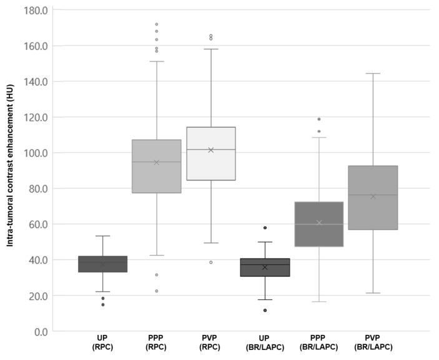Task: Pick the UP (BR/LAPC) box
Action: tap(265, 267)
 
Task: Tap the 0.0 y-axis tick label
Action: tap(38, 331)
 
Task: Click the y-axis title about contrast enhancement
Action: tap(11, 169)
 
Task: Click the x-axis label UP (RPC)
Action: tap(102, 342)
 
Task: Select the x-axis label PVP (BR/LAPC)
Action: tap(373, 342)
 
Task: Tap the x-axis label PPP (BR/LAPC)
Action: tap(319, 342)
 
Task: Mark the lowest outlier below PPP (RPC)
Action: tap(157, 291)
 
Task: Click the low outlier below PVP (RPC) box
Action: tap(211, 262)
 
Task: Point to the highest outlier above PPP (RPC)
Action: tap(157, 24)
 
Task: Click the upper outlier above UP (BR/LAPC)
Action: tap(265, 227)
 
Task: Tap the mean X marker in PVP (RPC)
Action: tap(211, 150)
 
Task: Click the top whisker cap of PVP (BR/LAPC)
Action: tap(373, 74)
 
